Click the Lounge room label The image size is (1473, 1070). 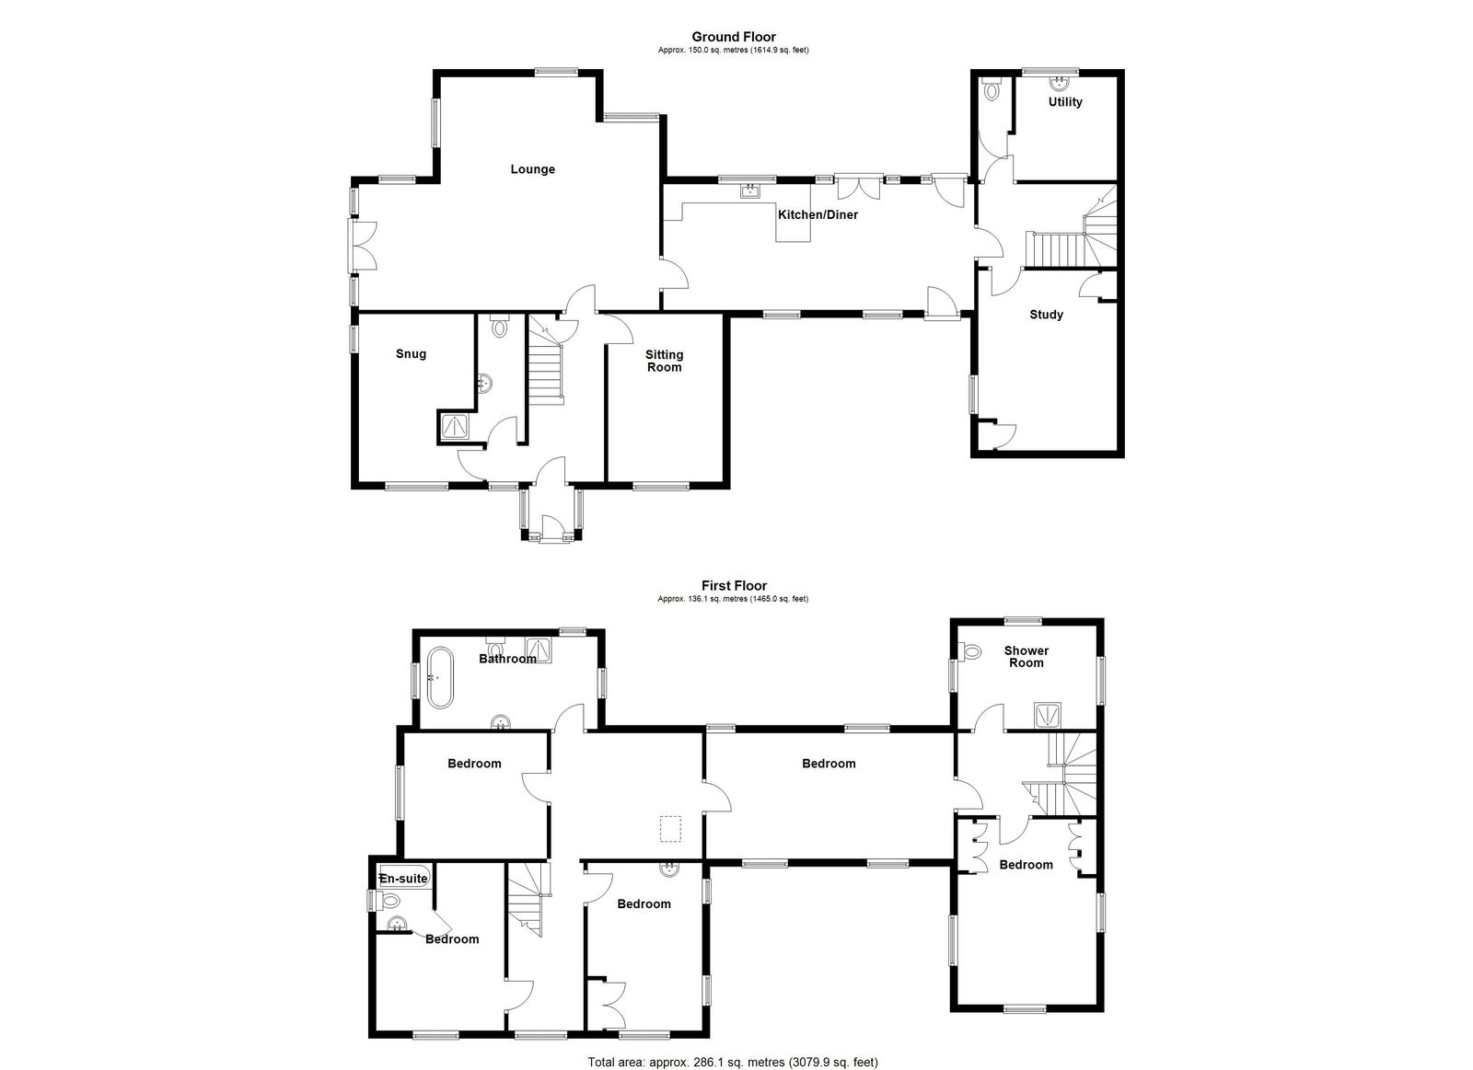click(533, 169)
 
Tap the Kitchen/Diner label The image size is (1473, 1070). click(818, 215)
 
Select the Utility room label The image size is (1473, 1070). click(1065, 102)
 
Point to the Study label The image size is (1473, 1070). click(1046, 315)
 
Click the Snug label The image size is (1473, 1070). click(411, 354)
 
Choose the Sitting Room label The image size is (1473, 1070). click(664, 361)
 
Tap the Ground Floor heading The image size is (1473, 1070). click(734, 37)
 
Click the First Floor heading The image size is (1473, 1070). click(734, 586)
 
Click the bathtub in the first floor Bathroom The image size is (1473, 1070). click(441, 678)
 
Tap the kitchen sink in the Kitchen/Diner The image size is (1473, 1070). click(749, 191)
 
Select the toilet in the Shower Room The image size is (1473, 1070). click(970, 652)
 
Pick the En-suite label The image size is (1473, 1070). click(403, 879)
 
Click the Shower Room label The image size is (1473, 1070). click(1026, 657)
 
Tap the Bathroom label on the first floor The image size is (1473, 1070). click(507, 659)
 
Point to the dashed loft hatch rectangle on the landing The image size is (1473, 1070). click(671, 829)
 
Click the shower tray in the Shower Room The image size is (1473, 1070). click(1047, 716)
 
